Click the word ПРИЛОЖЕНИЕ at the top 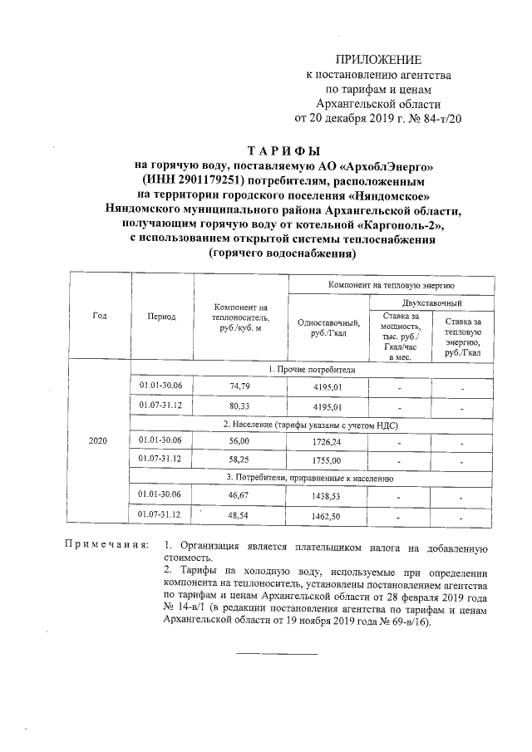point(378,60)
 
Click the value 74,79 point(239,386)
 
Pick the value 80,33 point(239,406)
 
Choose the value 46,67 point(239,494)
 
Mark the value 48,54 point(239,515)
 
